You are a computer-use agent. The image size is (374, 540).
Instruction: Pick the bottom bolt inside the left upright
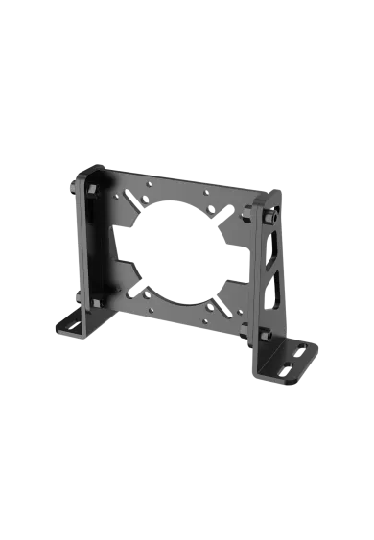click(94, 305)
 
